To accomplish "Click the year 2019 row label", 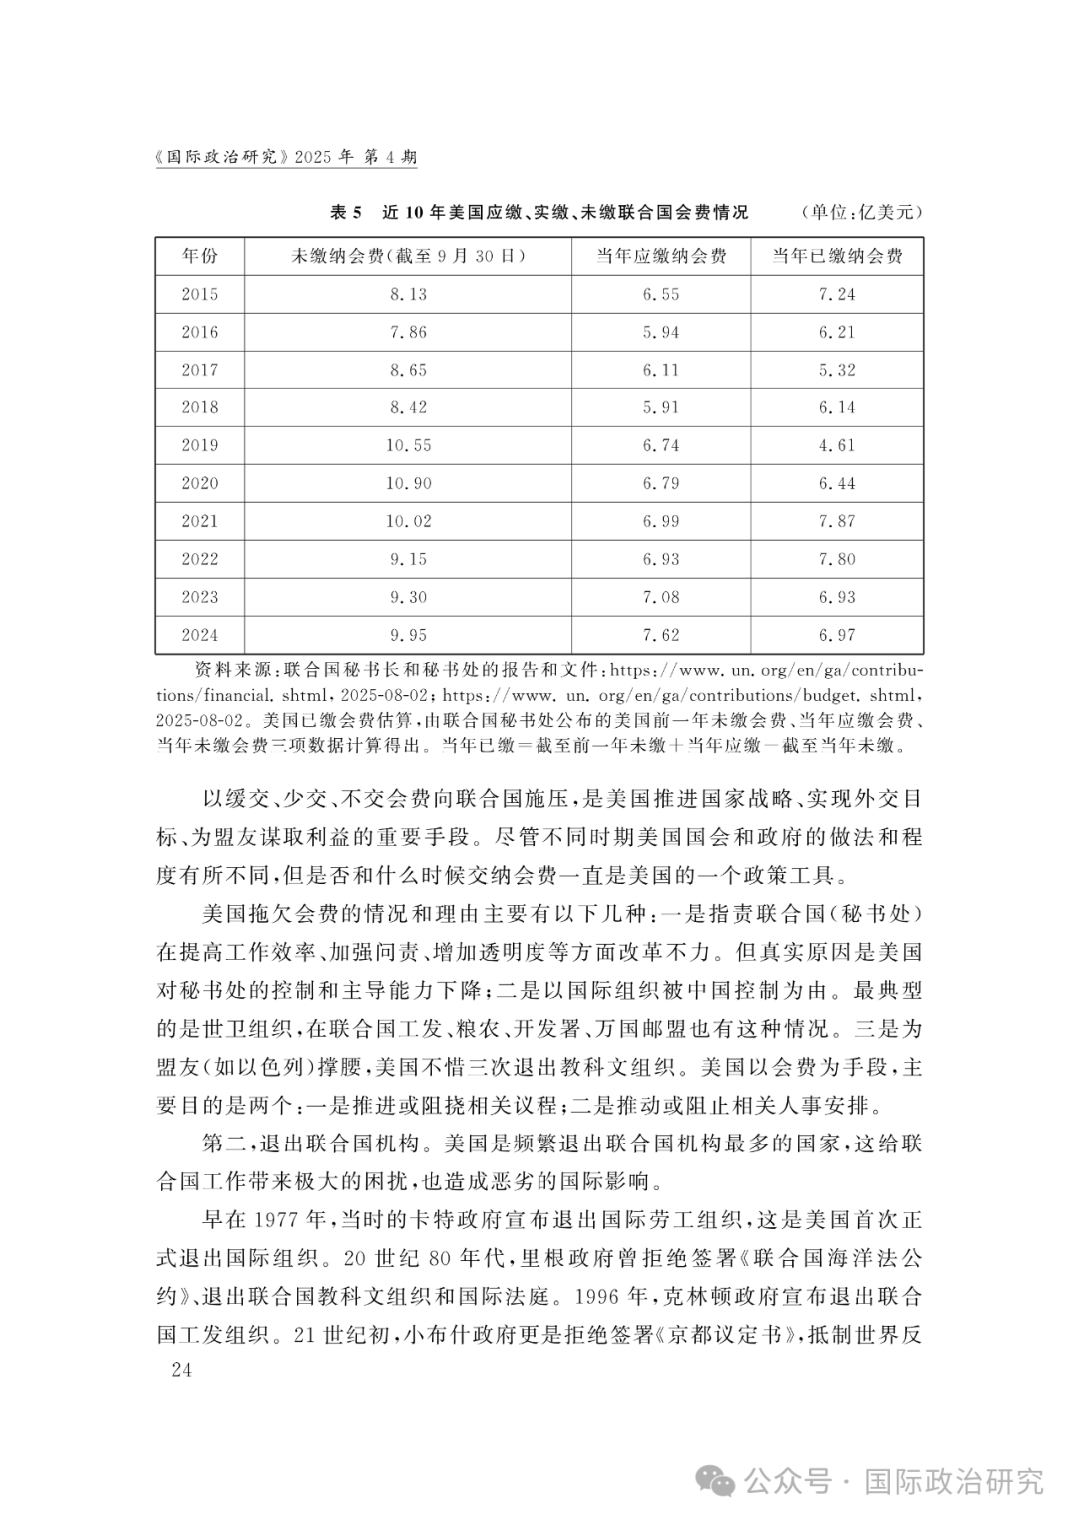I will pos(200,445).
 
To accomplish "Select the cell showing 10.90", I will pos(409,483).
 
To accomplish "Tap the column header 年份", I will pos(200,256).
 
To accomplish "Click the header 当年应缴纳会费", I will pos(661,256).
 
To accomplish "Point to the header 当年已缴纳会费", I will pos(837,256).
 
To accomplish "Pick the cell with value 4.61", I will pos(837,445).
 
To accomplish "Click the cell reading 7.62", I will pos(661,635).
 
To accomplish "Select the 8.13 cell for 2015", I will pos(409,294).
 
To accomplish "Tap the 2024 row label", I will pos(200,635).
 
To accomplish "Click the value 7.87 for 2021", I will pos(837,521).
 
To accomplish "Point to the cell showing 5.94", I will pos(661,332).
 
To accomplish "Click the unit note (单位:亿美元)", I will pos(861,212).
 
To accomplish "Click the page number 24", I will pos(181,1369).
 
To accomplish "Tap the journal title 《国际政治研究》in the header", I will pos(223,157).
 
